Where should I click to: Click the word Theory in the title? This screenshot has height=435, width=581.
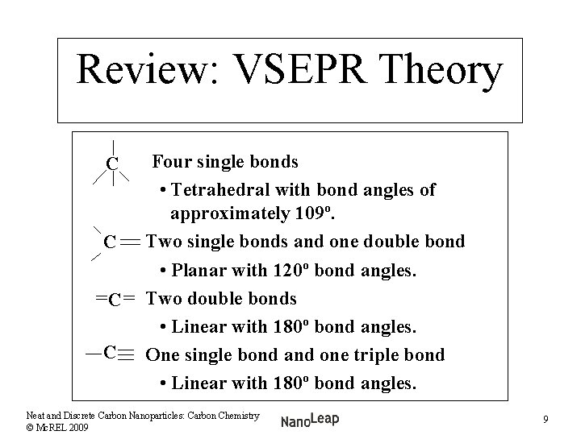tap(442, 72)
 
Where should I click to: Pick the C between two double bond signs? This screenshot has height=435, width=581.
tap(115, 300)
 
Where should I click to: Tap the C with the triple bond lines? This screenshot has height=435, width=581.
tap(111, 352)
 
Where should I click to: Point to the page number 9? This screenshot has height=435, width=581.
tap(546, 419)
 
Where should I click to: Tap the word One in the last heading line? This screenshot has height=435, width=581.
tap(161, 355)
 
